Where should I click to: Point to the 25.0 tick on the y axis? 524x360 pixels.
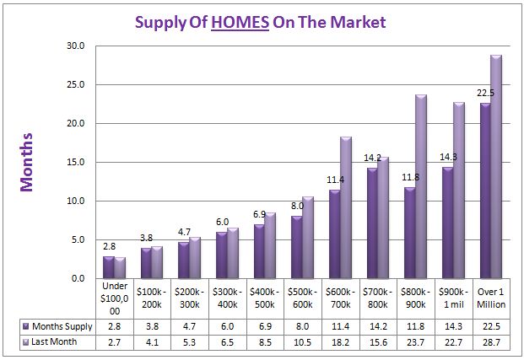coord(75,84)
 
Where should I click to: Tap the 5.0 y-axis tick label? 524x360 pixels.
coord(78,239)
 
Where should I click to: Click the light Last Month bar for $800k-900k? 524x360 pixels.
coord(421,187)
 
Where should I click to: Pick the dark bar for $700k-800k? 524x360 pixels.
coord(372,223)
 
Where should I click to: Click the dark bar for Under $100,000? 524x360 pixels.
coord(109,267)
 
